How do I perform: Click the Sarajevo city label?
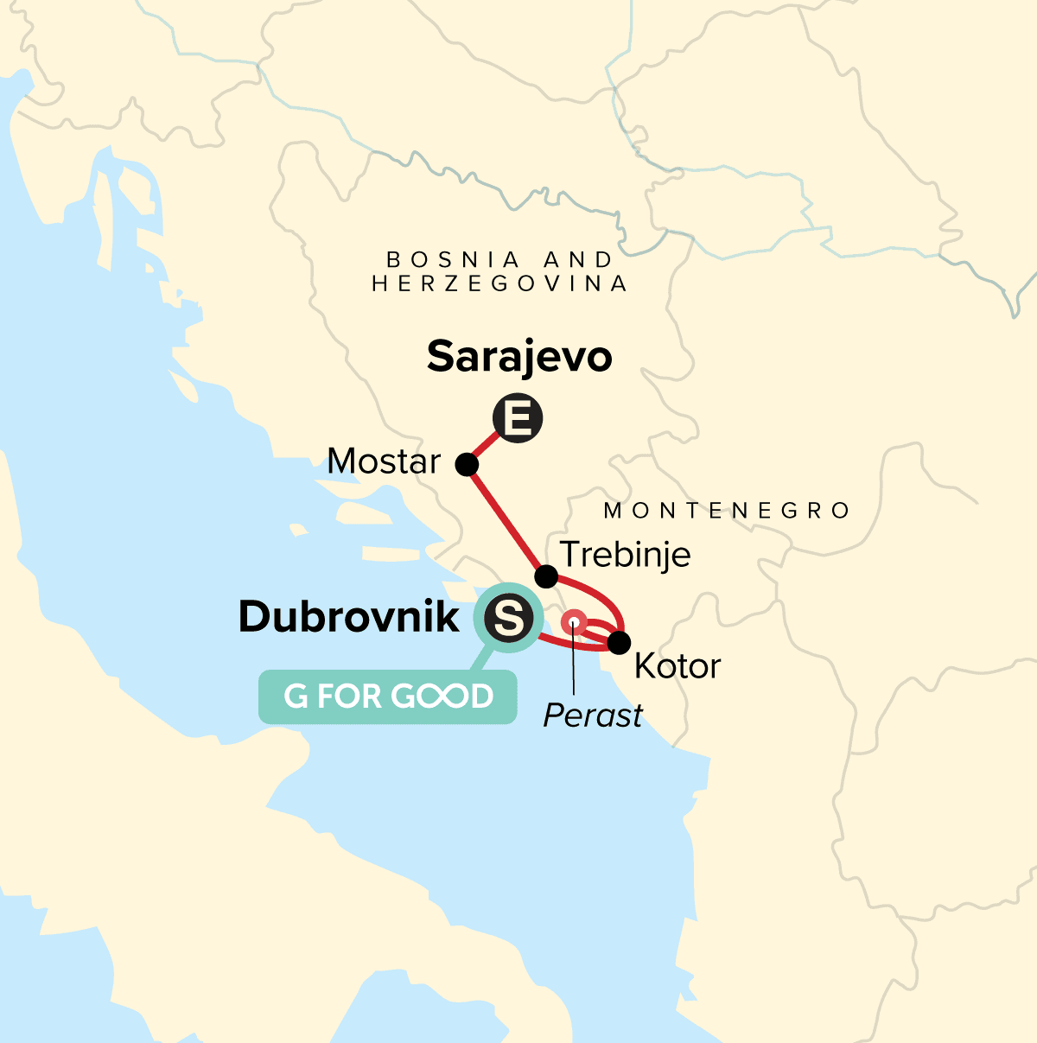pyautogui.click(x=519, y=357)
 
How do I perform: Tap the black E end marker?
pyautogui.click(x=517, y=419)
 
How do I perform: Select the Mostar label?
pyautogui.click(x=384, y=462)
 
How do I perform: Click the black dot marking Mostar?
pyautogui.click(x=467, y=465)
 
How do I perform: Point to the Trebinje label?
pyautogui.click(x=626, y=554)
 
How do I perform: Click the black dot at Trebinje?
pyautogui.click(x=546, y=576)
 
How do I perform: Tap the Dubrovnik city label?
pyautogui.click(x=349, y=617)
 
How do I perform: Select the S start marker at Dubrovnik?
pyautogui.click(x=507, y=619)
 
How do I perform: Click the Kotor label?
pyautogui.click(x=678, y=666)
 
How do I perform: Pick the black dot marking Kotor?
pyautogui.click(x=619, y=643)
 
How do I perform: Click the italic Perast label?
pyautogui.click(x=593, y=715)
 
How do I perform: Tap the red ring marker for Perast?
pyautogui.click(x=573, y=621)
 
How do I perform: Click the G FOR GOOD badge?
pyautogui.click(x=388, y=696)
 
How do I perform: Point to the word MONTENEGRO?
pyautogui.click(x=727, y=511)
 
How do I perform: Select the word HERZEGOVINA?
pyautogui.click(x=499, y=283)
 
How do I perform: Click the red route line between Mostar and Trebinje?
pyautogui.click(x=506, y=520)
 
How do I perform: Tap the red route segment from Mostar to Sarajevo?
pyautogui.click(x=486, y=447)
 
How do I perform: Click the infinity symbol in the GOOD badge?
pyautogui.click(x=436, y=696)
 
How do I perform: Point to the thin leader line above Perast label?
pyautogui.click(x=574, y=665)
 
